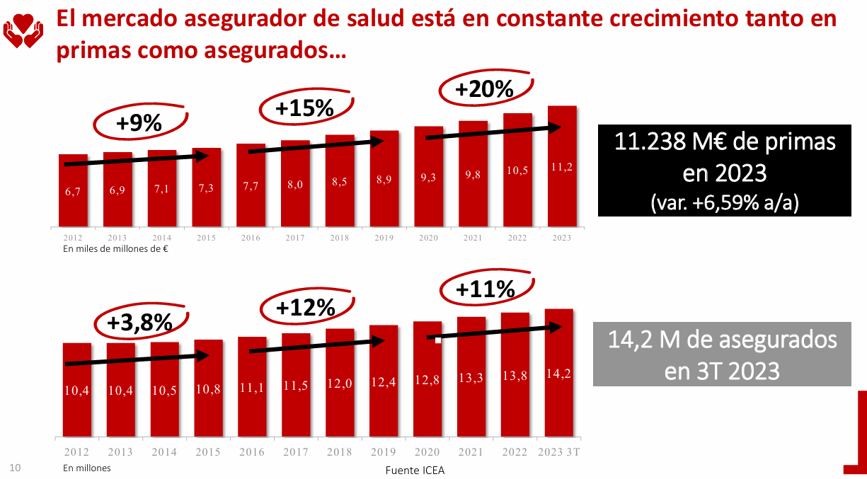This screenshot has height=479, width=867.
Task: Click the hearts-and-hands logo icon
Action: [x=23, y=29]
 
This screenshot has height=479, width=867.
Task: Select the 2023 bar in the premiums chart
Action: [x=562, y=166]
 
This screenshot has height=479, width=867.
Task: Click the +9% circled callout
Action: [x=139, y=123]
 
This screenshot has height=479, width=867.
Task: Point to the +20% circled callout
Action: [x=484, y=89]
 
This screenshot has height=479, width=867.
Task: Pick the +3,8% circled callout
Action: [x=140, y=322]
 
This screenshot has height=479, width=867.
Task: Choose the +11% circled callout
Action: [x=485, y=289]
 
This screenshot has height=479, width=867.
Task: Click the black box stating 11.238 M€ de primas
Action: [x=724, y=171]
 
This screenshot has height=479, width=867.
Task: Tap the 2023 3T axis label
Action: [x=558, y=452]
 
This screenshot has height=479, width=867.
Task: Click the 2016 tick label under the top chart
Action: [x=251, y=238]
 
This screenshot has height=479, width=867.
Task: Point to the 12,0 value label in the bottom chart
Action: [x=340, y=383]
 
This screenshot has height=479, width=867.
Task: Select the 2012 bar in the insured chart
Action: [x=77, y=389]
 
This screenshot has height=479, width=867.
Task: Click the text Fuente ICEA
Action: [x=415, y=470]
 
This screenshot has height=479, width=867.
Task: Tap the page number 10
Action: [x=15, y=467]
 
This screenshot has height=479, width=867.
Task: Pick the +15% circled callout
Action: [x=304, y=108]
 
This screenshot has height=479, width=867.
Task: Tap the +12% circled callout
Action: [x=305, y=307]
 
